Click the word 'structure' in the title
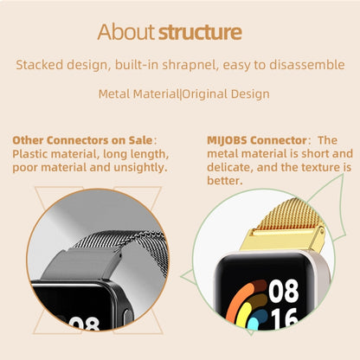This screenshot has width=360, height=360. pyautogui.click(x=198, y=33)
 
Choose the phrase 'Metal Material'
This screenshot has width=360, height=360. pyautogui.click(x=138, y=93)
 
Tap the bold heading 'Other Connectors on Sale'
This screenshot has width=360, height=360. pyautogui.click(x=82, y=139)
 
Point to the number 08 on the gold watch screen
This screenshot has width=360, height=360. pyautogui.click(x=283, y=292)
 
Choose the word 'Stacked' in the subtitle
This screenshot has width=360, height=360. pyautogui.click(x=40, y=65)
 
